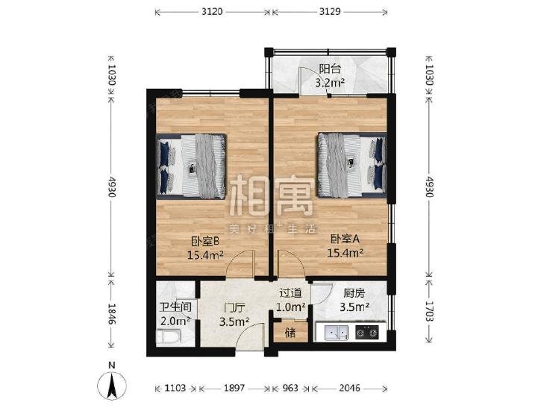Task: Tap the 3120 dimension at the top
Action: click(x=212, y=12)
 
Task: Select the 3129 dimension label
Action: click(x=330, y=12)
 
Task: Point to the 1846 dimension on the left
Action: click(x=112, y=314)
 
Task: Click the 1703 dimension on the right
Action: click(x=430, y=311)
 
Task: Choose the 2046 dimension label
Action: click(x=349, y=388)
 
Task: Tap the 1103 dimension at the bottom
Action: click(x=175, y=388)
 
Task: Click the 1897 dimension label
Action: click(x=234, y=388)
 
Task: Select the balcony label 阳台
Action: click(x=330, y=69)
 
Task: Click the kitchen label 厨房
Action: click(x=354, y=294)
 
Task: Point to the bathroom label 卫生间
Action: click(x=175, y=307)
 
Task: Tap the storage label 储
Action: click(x=290, y=333)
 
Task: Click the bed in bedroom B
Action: click(x=191, y=167)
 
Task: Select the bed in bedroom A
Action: click(x=352, y=165)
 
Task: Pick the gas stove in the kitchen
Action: click(x=366, y=333)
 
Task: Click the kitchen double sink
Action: click(x=337, y=333)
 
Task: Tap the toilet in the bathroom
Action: click(x=169, y=337)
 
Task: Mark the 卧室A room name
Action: click(x=345, y=239)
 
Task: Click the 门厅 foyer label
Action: click(x=234, y=307)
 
